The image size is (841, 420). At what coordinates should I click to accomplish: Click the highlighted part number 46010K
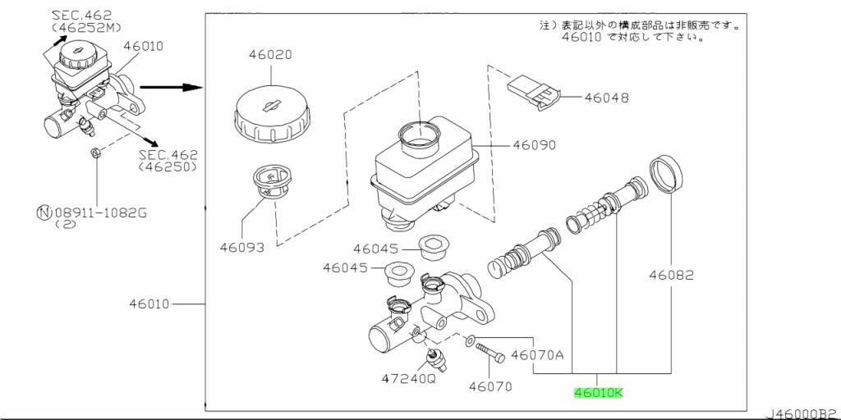599,393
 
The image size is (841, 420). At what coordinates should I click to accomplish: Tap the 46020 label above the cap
269,55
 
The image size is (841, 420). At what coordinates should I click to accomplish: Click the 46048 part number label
607,98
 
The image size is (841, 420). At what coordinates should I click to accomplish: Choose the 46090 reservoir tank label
534,144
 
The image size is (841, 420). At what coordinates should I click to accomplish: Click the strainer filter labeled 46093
271,182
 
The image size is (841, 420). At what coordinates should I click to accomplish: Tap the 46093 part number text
242,248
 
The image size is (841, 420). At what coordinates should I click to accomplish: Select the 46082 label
671,276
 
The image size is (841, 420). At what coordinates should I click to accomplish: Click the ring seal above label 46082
666,173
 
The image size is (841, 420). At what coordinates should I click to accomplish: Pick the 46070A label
536,354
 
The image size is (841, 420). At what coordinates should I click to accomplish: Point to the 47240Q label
408,378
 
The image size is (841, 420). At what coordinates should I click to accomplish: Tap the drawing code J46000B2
802,414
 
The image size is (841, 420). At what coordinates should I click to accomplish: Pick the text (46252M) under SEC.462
86,25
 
